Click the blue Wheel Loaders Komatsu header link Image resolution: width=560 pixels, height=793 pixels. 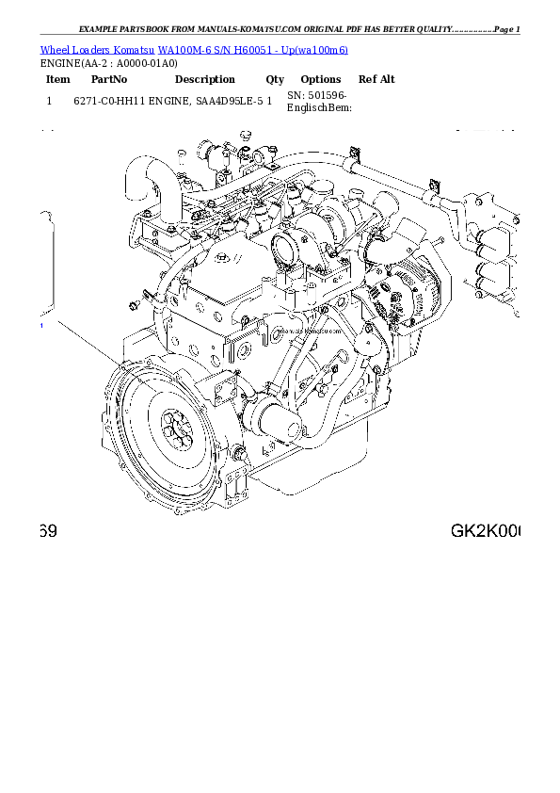point(193,49)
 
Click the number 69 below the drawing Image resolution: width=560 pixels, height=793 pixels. point(49,531)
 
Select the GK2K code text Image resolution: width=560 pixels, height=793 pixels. point(484,531)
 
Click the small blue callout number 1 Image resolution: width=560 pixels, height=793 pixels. point(41,326)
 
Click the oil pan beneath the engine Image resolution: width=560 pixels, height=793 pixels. point(301,476)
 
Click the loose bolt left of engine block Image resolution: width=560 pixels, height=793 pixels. point(134,302)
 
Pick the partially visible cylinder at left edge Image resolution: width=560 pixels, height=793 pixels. point(45,264)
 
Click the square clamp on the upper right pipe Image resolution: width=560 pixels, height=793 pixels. point(434,186)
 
